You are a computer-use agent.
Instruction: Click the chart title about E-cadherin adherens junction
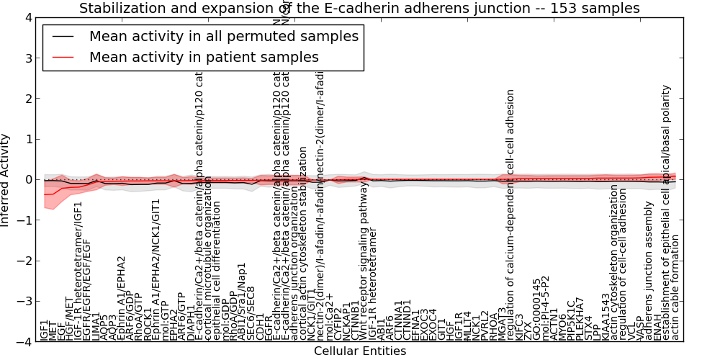pyautogui.click(x=359, y=9)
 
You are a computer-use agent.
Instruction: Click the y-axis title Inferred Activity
pyautogui.click(x=6, y=180)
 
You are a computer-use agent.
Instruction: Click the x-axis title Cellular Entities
pyautogui.click(x=359, y=351)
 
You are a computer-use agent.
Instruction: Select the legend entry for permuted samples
pyautogui.click(x=223, y=36)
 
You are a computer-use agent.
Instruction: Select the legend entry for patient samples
pyautogui.click(x=204, y=57)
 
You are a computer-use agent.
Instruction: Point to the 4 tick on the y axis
pyautogui.click(x=27, y=17)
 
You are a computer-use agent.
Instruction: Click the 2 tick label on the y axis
pyautogui.click(x=27, y=99)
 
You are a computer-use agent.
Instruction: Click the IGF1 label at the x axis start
pyautogui.click(x=45, y=330)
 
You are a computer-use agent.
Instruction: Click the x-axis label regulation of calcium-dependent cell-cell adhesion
pyautogui.click(x=510, y=215)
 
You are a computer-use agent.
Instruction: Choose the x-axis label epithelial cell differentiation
pyautogui.click(x=217, y=274)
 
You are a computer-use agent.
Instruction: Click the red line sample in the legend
pyautogui.click(x=63, y=57)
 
